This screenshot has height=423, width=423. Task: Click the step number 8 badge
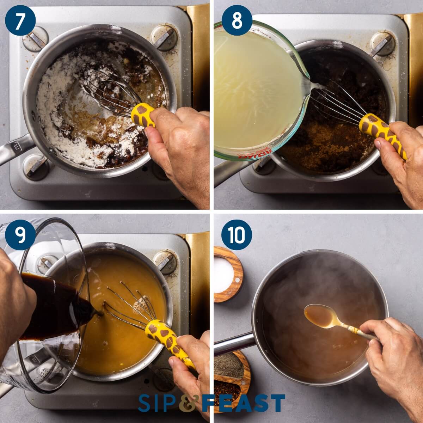[x=237, y=20]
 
